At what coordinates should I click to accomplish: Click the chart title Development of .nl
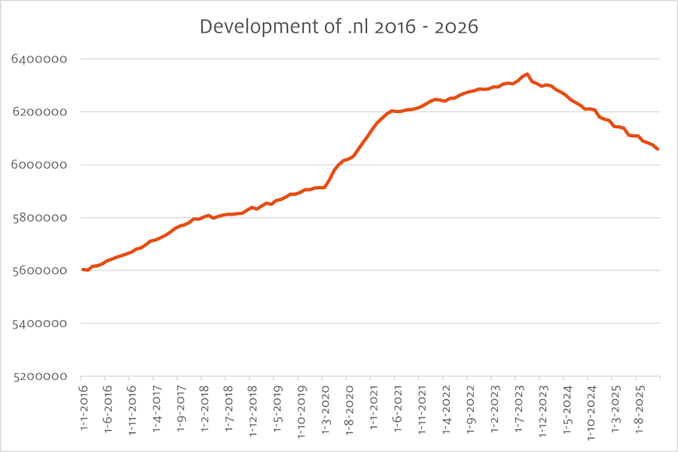[339, 27]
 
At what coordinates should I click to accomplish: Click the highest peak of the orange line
[527, 74]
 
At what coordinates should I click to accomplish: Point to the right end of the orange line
[658, 149]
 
